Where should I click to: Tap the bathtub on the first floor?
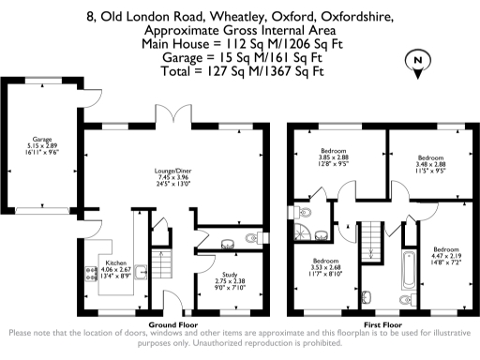click(x=409, y=271)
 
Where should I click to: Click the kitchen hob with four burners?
click(x=91, y=275)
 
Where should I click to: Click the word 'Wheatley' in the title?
click(x=220, y=18)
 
